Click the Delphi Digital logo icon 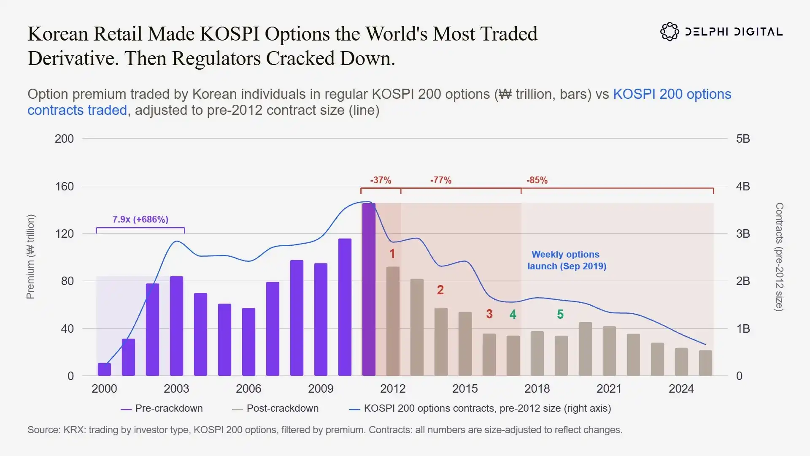pos(670,32)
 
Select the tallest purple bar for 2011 pos(369,290)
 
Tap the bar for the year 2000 pos(104,369)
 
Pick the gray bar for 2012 pos(393,321)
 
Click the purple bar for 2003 pos(176,326)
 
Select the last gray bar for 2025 pos(705,363)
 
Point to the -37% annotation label pos(381,180)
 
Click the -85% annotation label pos(537,180)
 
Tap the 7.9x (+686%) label pos(140,220)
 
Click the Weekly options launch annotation pos(567,260)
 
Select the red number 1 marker pos(392,254)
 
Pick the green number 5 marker pos(560,314)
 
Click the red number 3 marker pos(489,314)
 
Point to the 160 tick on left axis pos(64,186)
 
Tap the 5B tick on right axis pos(743,138)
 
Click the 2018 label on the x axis pos(537,388)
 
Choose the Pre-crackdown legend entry pos(162,408)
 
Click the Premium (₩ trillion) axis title pos(30,257)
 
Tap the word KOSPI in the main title pos(229,34)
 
